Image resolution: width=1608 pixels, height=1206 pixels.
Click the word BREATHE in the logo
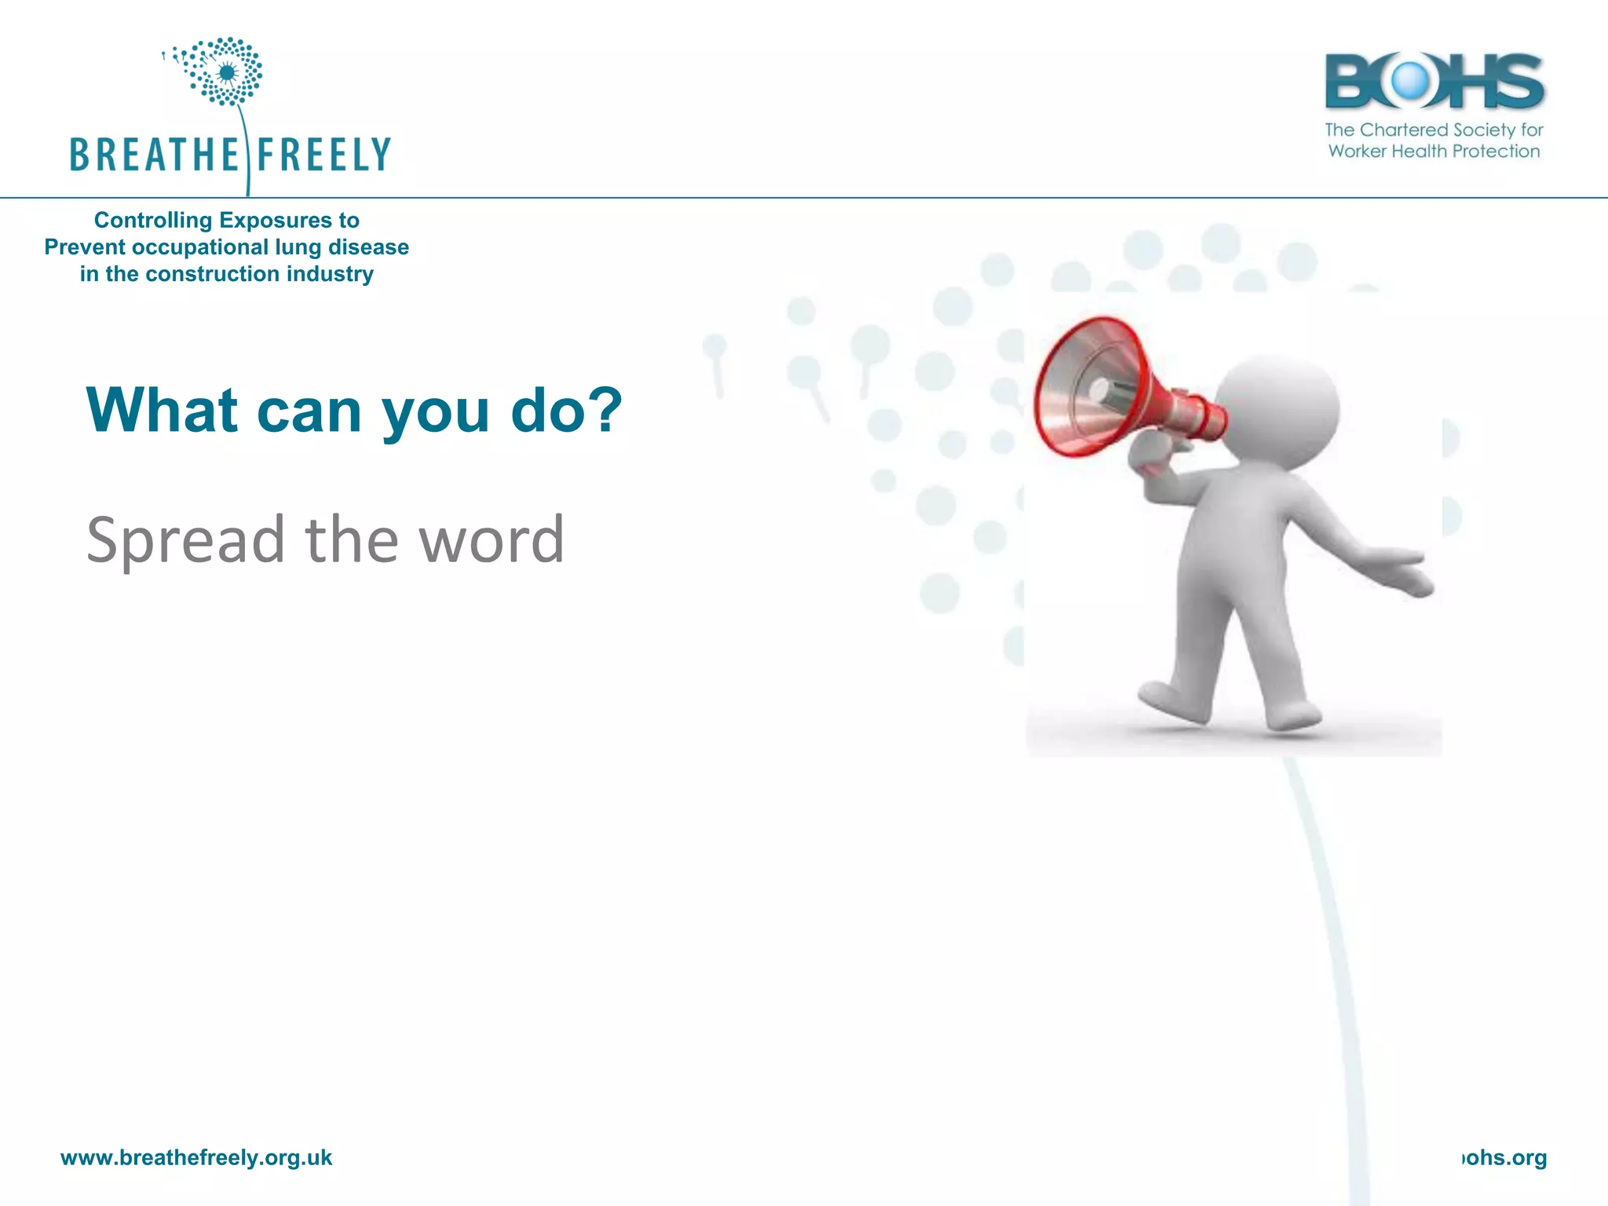tap(154, 155)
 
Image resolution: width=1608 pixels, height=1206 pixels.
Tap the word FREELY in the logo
tap(323, 155)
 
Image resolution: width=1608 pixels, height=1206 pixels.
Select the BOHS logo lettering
tap(1434, 81)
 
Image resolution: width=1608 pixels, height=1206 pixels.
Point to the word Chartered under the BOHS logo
tap(1404, 130)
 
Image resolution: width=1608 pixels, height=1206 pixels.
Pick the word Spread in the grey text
tap(185, 540)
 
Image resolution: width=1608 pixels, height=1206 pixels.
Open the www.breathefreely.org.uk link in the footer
tap(196, 1157)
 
